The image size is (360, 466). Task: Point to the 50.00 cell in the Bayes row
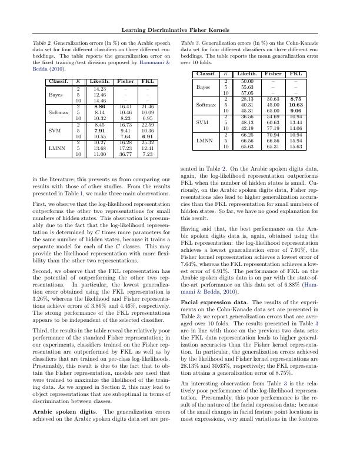point(247,81)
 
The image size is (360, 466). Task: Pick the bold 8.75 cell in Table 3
point(296,99)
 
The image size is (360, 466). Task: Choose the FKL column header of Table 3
point(296,74)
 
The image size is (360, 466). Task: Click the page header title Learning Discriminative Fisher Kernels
point(180,29)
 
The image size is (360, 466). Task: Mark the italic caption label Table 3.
point(191,44)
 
